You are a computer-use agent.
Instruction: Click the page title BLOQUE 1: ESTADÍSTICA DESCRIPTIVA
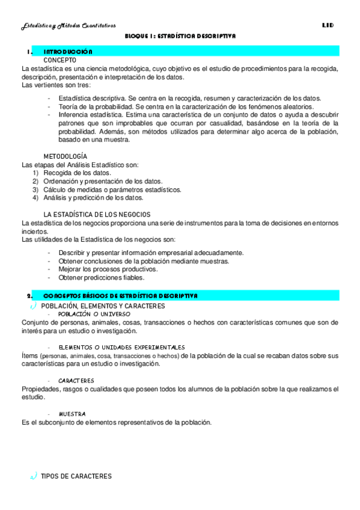(x=180, y=36)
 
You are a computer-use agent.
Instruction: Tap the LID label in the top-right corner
(x=328, y=25)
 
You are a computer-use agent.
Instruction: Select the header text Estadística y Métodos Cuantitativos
(x=69, y=25)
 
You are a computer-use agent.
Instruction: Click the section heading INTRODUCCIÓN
(x=68, y=52)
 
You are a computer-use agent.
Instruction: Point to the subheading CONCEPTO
(x=59, y=61)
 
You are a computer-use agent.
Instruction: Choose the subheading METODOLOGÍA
(x=69, y=156)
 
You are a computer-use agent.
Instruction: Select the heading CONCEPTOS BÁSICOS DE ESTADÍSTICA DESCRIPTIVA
(x=120, y=296)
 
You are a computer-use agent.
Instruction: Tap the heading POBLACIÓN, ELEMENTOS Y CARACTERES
(x=103, y=306)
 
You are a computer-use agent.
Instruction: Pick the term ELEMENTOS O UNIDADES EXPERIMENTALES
(x=121, y=348)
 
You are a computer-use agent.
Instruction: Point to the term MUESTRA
(x=72, y=414)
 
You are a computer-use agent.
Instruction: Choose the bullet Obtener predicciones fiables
(x=101, y=278)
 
